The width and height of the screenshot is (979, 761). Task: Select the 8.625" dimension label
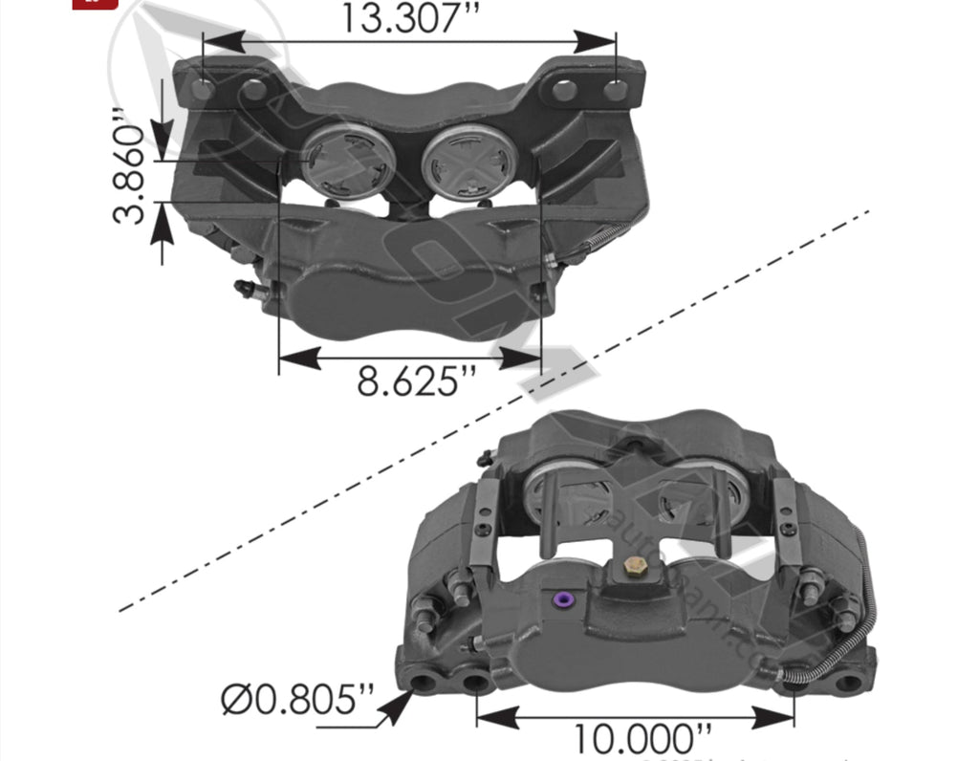click(x=415, y=382)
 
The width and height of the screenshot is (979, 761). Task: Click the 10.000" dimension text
click(x=642, y=739)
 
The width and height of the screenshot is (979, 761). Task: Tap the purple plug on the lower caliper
click(x=564, y=599)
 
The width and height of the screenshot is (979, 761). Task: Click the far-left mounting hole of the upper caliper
click(x=202, y=90)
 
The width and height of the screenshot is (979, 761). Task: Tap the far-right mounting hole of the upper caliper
click(x=617, y=91)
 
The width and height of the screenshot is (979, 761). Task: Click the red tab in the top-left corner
click(x=95, y=3)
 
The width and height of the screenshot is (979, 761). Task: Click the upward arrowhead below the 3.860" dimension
click(x=162, y=225)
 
